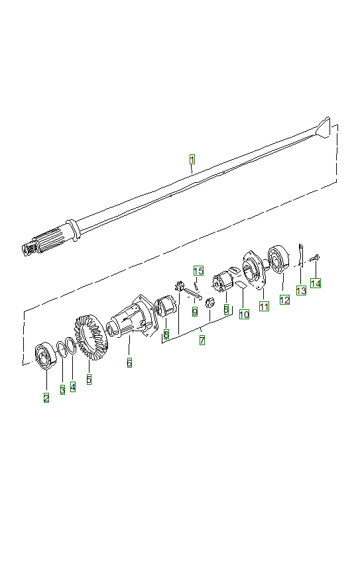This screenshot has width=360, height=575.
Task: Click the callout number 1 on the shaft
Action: [192, 160]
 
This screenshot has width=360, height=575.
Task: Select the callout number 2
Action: [46, 397]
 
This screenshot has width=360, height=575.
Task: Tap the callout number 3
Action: [62, 390]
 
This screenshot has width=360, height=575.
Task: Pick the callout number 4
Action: [73, 386]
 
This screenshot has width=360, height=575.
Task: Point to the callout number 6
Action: [129, 362]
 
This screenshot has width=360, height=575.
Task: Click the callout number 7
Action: [202, 340]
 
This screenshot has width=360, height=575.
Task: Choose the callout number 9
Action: [195, 311]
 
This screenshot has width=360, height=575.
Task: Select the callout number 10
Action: [244, 314]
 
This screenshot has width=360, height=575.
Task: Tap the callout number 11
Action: [264, 306]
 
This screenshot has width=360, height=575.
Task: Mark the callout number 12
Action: [284, 299]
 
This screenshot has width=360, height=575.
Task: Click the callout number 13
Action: [300, 290]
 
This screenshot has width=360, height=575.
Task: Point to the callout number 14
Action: [316, 283]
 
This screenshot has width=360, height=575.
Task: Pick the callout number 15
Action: [198, 270]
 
